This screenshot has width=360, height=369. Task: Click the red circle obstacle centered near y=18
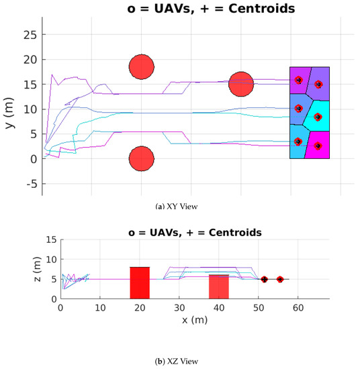[142, 66]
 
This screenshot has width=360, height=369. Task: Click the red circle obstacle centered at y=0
[142, 159]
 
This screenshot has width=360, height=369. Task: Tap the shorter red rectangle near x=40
[219, 287]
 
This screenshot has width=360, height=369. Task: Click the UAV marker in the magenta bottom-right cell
[318, 146]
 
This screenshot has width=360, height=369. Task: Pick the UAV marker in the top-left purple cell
[299, 80]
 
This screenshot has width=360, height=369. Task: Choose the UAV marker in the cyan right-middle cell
[318, 117]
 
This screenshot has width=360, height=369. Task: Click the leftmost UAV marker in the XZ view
[265, 279]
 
